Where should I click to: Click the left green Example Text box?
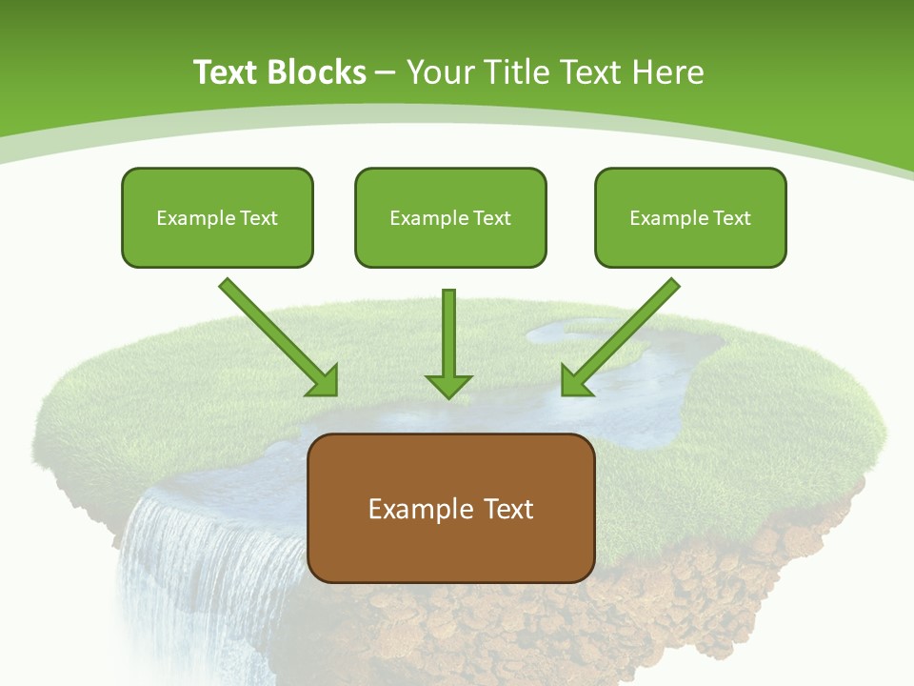coord(217,217)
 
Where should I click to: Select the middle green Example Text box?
coord(450,217)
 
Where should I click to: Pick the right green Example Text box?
coord(690,217)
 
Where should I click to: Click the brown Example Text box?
coord(451,508)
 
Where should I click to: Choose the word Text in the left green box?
coord(259,217)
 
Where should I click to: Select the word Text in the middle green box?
coord(492,217)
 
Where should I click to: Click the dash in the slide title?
coord(386,72)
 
